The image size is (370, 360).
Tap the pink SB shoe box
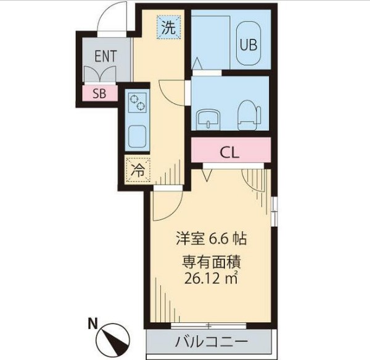point(99,94)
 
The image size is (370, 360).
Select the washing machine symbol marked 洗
point(168,27)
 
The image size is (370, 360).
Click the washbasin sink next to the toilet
point(210,117)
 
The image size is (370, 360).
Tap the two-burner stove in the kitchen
point(138,102)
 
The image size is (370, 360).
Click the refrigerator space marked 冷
point(138,172)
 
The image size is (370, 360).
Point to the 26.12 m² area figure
point(212,278)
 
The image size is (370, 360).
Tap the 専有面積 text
point(211,261)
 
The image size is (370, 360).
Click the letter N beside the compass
point(91,322)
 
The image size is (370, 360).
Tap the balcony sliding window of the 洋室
point(210,325)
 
